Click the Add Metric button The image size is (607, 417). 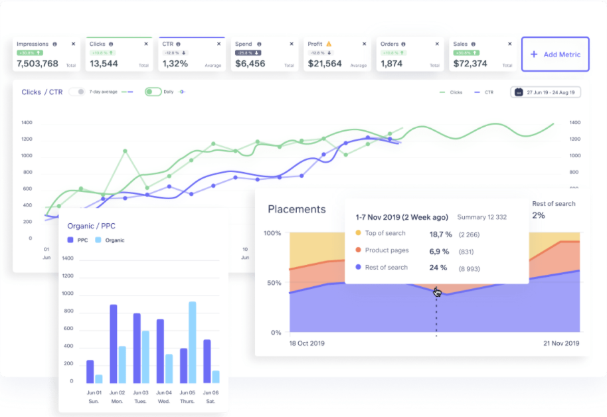click(x=555, y=54)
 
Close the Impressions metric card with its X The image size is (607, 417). click(x=74, y=44)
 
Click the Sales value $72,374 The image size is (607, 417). click(x=470, y=64)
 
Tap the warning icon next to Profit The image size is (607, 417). click(x=329, y=44)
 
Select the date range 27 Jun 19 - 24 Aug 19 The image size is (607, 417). click(x=545, y=92)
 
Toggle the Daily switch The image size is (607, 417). click(x=153, y=92)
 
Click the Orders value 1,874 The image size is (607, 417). click(x=392, y=64)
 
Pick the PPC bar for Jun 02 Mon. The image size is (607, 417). click(x=114, y=343)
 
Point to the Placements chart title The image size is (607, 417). click(x=296, y=209)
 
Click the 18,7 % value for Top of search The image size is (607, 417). click(x=440, y=234)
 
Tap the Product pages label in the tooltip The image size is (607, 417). click(x=387, y=251)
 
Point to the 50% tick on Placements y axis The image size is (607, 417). click(x=274, y=283)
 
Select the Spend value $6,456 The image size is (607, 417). click(x=250, y=64)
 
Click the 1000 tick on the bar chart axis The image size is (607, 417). click(x=68, y=293)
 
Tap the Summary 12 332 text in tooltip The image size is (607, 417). click(x=481, y=218)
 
